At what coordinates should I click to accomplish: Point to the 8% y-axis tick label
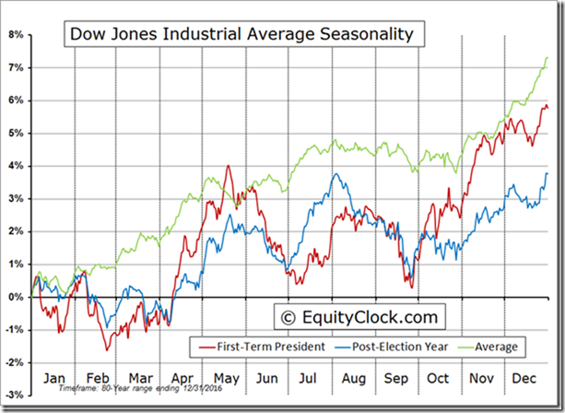coord(16,35)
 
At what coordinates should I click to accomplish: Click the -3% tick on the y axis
coord(14,395)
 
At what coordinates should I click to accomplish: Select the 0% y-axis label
coord(16,297)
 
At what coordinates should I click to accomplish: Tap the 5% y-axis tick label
coord(16,133)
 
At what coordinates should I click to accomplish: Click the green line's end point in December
coord(547,57)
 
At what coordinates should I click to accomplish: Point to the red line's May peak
coord(228,167)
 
